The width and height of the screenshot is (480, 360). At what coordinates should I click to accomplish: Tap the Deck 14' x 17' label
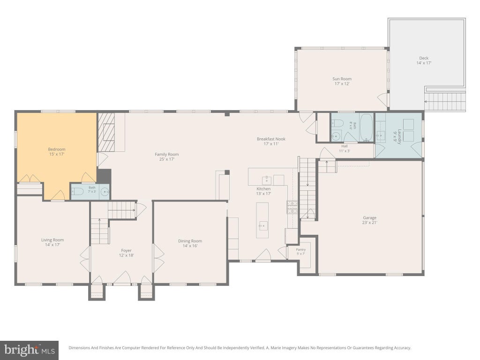click(x=424, y=60)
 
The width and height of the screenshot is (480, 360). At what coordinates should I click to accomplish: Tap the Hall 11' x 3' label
click(x=345, y=149)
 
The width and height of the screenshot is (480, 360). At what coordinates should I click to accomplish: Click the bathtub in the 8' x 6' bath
click(x=366, y=127)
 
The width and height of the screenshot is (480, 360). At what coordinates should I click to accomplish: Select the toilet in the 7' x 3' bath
click(x=77, y=192)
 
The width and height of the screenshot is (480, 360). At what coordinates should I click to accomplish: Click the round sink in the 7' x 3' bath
click(x=105, y=192)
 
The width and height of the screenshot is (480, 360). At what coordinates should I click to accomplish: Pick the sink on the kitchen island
click(x=262, y=226)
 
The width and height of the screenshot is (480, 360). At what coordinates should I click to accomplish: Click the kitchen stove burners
click(x=292, y=207)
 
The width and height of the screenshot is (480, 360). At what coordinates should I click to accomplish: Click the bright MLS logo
click(x=30, y=350)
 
